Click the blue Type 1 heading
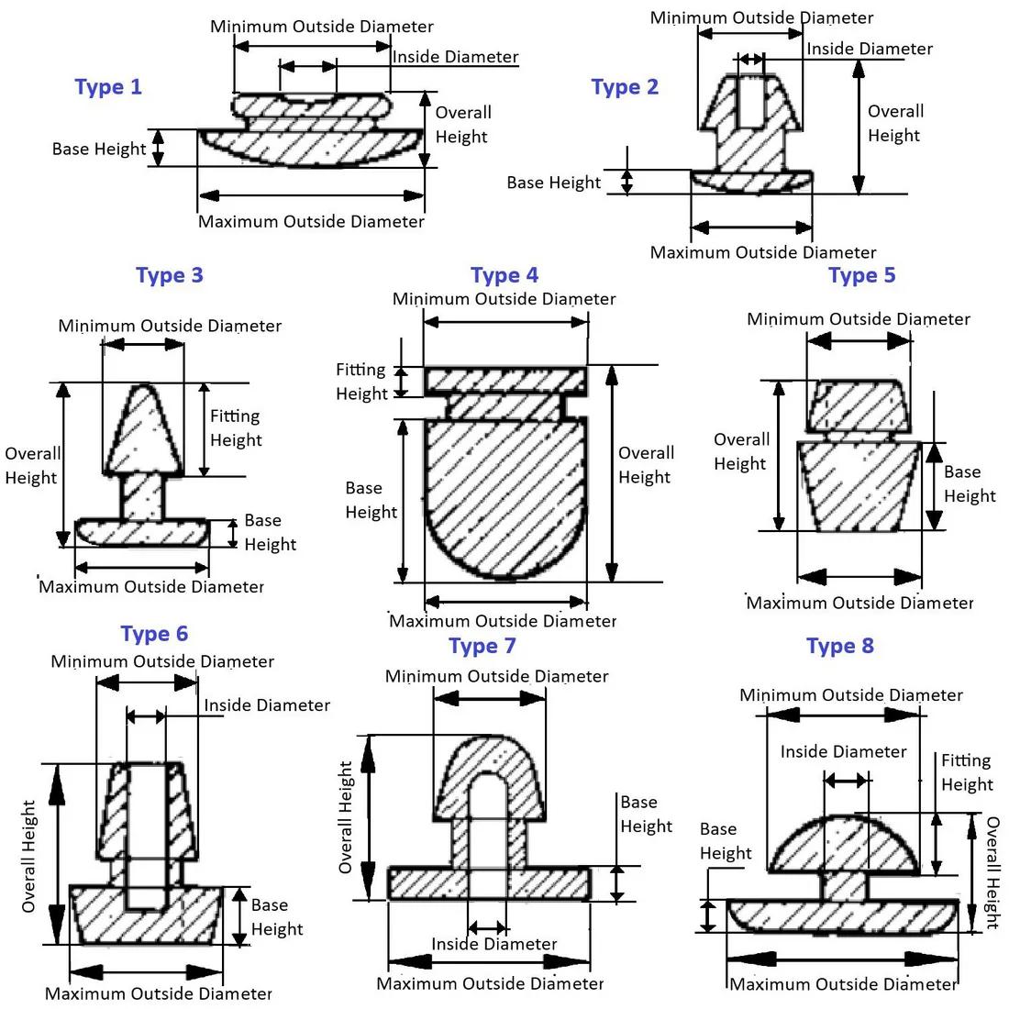coord(108,87)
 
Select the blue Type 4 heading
coord(504,275)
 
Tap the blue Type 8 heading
coord(839,646)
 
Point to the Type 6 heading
coord(154,634)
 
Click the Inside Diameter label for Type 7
coord(494,944)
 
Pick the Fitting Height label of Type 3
coord(236,428)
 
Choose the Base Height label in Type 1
coord(99,149)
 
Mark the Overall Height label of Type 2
coord(895,123)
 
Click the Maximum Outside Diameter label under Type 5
coord(859,603)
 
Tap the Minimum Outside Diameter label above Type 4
coord(504,299)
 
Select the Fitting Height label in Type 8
coord(967,772)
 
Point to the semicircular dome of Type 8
coord(844,844)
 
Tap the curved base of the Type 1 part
coord(311,148)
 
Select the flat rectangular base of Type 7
coord(489,882)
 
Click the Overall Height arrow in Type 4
coord(611,473)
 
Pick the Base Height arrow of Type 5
coord(934,486)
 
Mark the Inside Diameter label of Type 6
coord(267,705)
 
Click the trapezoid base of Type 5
coord(859,486)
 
